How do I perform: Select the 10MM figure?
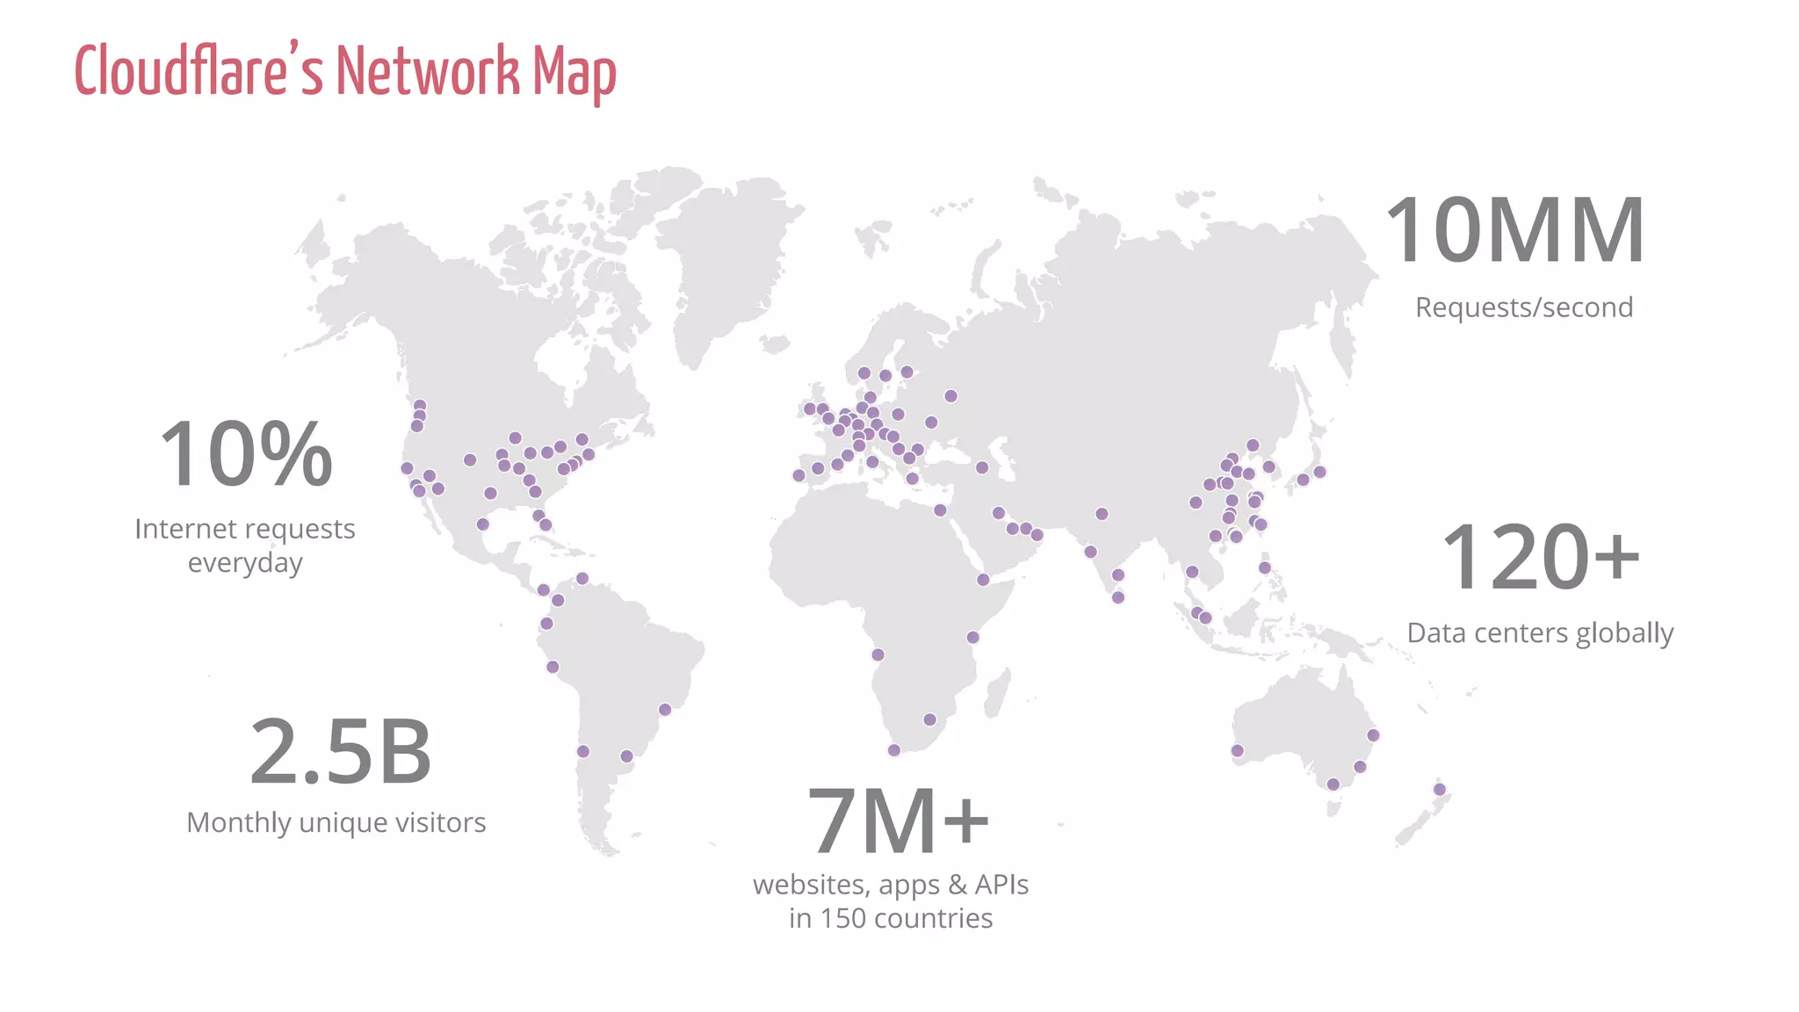tap(1515, 230)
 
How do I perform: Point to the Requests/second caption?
tap(1524, 307)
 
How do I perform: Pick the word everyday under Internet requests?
tap(245, 562)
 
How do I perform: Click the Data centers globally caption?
tap(1540, 632)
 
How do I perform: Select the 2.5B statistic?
tap(341, 752)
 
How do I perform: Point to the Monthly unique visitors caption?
tap(336, 822)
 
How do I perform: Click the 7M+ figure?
tap(897, 821)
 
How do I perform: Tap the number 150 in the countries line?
tap(842, 918)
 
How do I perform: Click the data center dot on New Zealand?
tap(1440, 789)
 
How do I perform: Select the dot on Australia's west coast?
tap(1237, 750)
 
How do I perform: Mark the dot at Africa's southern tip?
tap(893, 750)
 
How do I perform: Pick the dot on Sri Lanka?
tap(1118, 597)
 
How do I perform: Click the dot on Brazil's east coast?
tap(665, 710)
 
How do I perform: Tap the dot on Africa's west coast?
tap(878, 654)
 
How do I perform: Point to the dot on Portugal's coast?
tap(798, 475)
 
